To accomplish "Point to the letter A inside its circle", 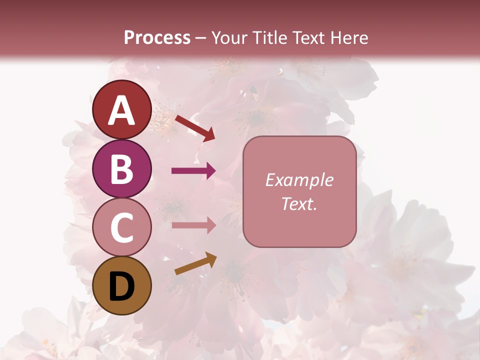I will point(122,110).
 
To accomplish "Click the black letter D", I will point(122,286).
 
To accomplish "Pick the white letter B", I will point(122,169).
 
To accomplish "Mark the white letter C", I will point(122,228).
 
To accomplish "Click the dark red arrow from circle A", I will point(194,127).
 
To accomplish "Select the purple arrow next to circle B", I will point(193,171).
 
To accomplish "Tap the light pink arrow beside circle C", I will point(193,225).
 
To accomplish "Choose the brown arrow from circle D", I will point(195,263).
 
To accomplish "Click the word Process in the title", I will point(157,37).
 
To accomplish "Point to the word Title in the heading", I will point(269,37).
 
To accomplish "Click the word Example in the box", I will point(299,180).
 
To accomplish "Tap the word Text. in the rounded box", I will point(299,203).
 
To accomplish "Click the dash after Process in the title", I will point(201,38).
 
